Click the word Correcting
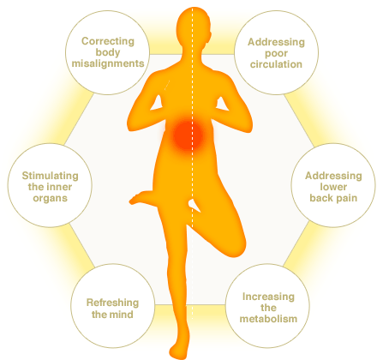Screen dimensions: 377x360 point(108,41)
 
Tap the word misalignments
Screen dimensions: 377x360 point(108,63)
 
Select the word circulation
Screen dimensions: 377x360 point(276,64)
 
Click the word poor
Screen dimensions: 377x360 point(276,54)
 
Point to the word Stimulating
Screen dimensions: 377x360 point(51,176)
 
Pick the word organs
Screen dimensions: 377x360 point(51,198)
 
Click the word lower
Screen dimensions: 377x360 point(333,187)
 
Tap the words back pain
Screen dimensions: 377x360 point(333,198)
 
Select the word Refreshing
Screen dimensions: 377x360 point(113,303)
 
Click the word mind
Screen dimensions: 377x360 point(122,315)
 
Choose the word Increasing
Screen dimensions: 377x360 point(268,297)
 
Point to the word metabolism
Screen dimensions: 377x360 point(268,319)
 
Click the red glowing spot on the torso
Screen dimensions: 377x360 point(187,135)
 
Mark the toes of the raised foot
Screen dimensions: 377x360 point(134,200)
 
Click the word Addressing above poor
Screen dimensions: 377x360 point(276,43)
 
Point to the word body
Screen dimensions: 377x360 point(108,53)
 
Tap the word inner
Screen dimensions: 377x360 point(61,187)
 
